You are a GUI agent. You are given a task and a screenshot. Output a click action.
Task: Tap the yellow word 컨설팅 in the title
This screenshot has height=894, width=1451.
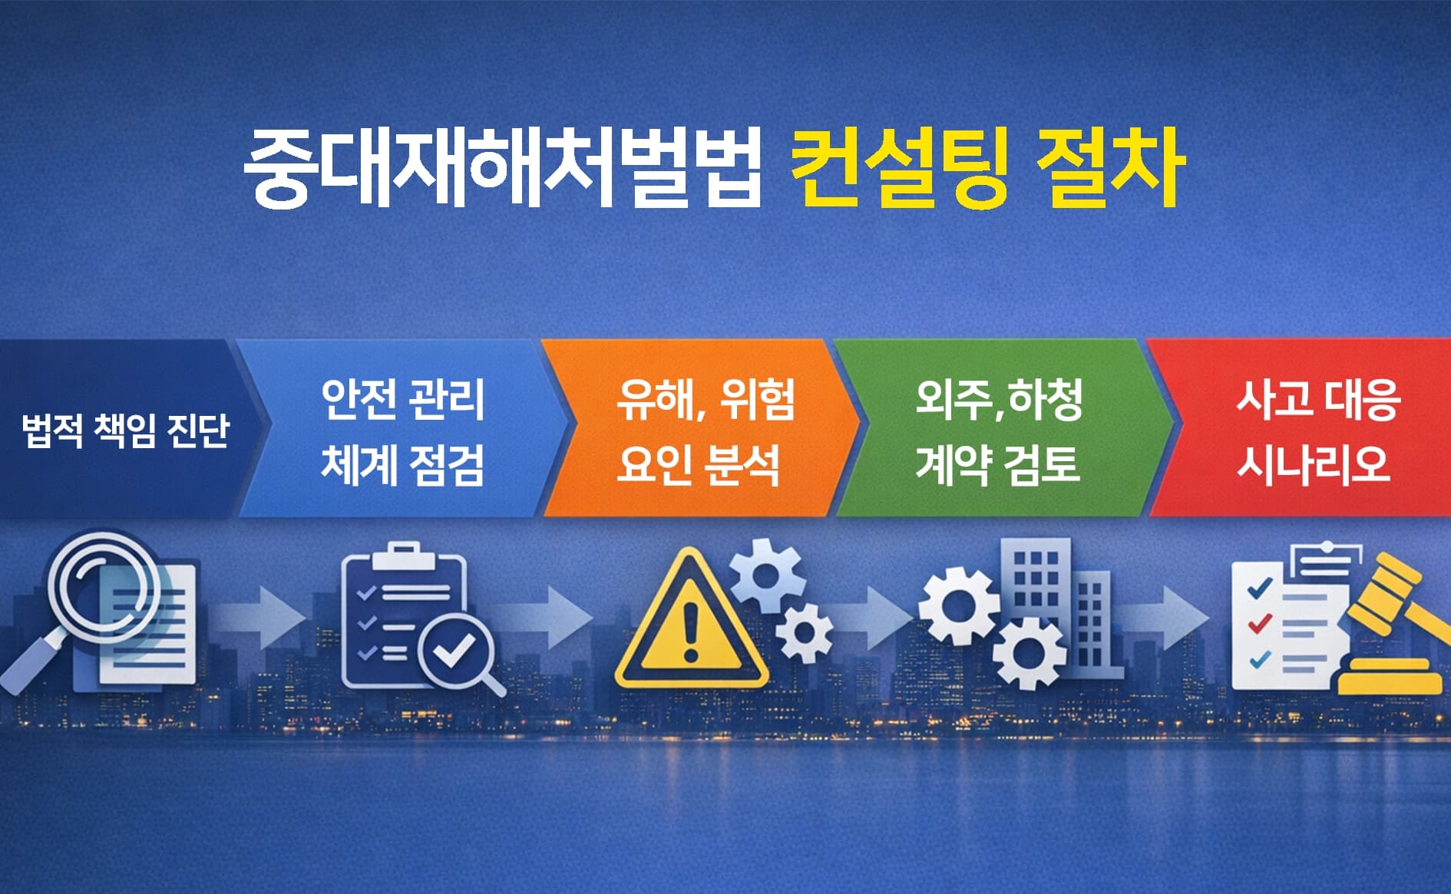tap(897, 167)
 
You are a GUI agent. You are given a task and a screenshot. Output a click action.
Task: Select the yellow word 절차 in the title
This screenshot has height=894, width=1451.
tap(1109, 167)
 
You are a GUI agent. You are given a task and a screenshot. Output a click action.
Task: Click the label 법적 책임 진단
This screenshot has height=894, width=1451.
tap(126, 430)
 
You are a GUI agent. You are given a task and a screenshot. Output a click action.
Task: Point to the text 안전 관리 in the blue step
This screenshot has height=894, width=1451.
tap(403, 399)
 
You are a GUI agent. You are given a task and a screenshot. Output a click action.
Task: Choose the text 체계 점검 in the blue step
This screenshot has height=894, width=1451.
tap(403, 464)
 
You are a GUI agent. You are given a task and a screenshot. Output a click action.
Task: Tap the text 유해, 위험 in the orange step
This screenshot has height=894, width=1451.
tap(705, 399)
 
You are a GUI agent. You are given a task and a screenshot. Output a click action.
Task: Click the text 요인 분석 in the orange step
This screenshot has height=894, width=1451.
tap(698, 464)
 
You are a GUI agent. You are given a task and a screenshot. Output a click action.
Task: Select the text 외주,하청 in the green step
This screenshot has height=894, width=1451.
tap(999, 399)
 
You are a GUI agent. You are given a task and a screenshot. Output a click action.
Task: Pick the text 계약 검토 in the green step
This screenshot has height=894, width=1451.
tap(997, 464)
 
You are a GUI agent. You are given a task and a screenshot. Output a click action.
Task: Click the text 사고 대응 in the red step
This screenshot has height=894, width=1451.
tap(1318, 399)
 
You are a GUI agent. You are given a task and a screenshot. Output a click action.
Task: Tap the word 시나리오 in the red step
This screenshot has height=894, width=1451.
tap(1313, 464)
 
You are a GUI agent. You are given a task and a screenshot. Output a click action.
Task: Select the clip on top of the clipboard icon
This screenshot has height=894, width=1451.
tap(405, 553)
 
